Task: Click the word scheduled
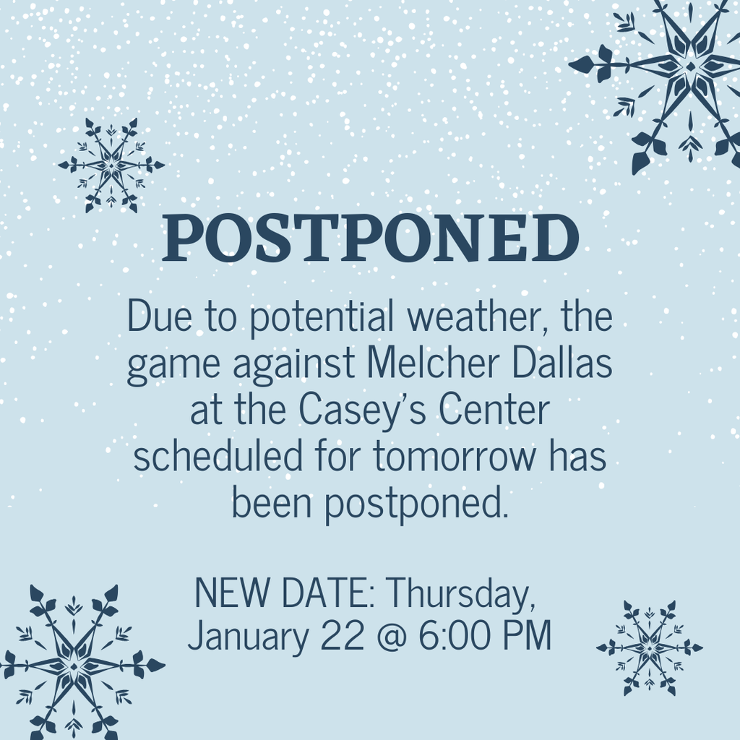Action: pyautogui.click(x=218, y=456)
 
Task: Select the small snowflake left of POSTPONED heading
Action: pyautogui.click(x=111, y=165)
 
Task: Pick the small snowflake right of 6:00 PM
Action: pyautogui.click(x=649, y=648)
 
